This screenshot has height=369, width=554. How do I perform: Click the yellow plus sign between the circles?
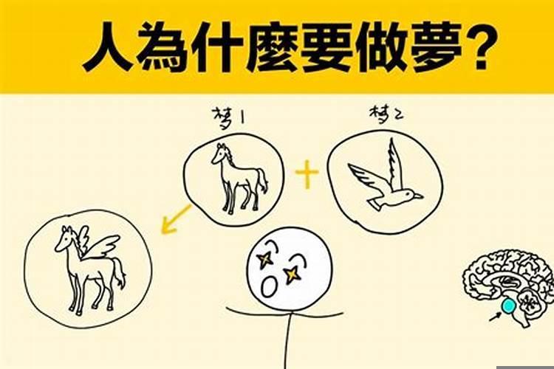pyautogui.click(x=307, y=176)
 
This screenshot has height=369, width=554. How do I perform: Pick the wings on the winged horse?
pyautogui.click(x=99, y=243)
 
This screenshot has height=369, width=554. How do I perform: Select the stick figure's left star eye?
pyautogui.click(x=264, y=258)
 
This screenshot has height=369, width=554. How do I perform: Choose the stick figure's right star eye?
pyautogui.click(x=293, y=274)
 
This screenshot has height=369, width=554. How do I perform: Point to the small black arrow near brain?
pyautogui.click(x=493, y=318)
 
